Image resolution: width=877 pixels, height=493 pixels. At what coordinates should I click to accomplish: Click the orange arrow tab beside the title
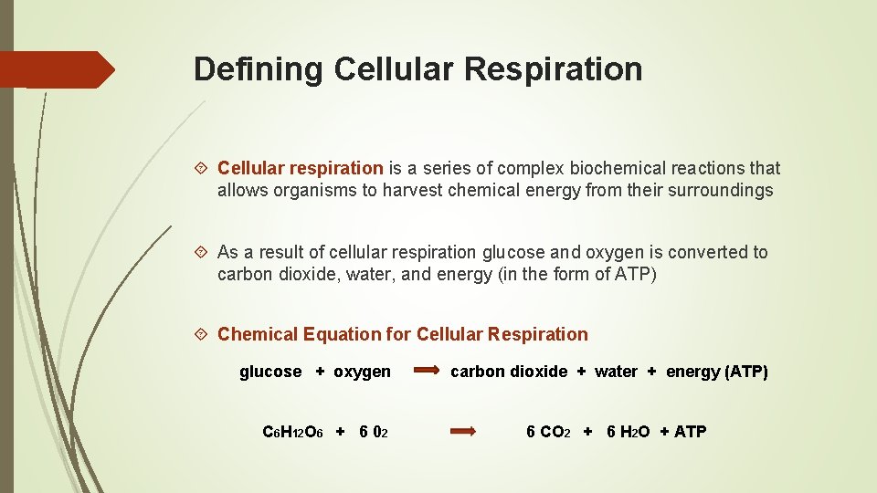[x=57, y=69]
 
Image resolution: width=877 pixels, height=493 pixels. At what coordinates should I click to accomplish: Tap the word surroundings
[x=721, y=191]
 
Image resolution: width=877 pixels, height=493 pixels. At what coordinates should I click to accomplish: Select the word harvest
[x=414, y=191]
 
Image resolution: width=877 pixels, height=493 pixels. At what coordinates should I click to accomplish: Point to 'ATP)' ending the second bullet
[x=636, y=275]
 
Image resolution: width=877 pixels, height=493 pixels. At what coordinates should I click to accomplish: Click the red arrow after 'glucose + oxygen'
[x=427, y=372]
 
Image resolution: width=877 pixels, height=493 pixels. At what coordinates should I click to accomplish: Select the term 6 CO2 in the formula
[x=548, y=432]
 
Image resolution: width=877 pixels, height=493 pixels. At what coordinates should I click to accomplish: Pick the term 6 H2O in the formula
[x=629, y=432]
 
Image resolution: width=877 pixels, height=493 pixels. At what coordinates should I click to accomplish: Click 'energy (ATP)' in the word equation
[x=717, y=372]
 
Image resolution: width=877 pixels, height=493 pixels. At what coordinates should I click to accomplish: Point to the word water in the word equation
[x=616, y=372]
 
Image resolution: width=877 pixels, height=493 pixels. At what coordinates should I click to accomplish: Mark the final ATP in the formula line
[x=690, y=432]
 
